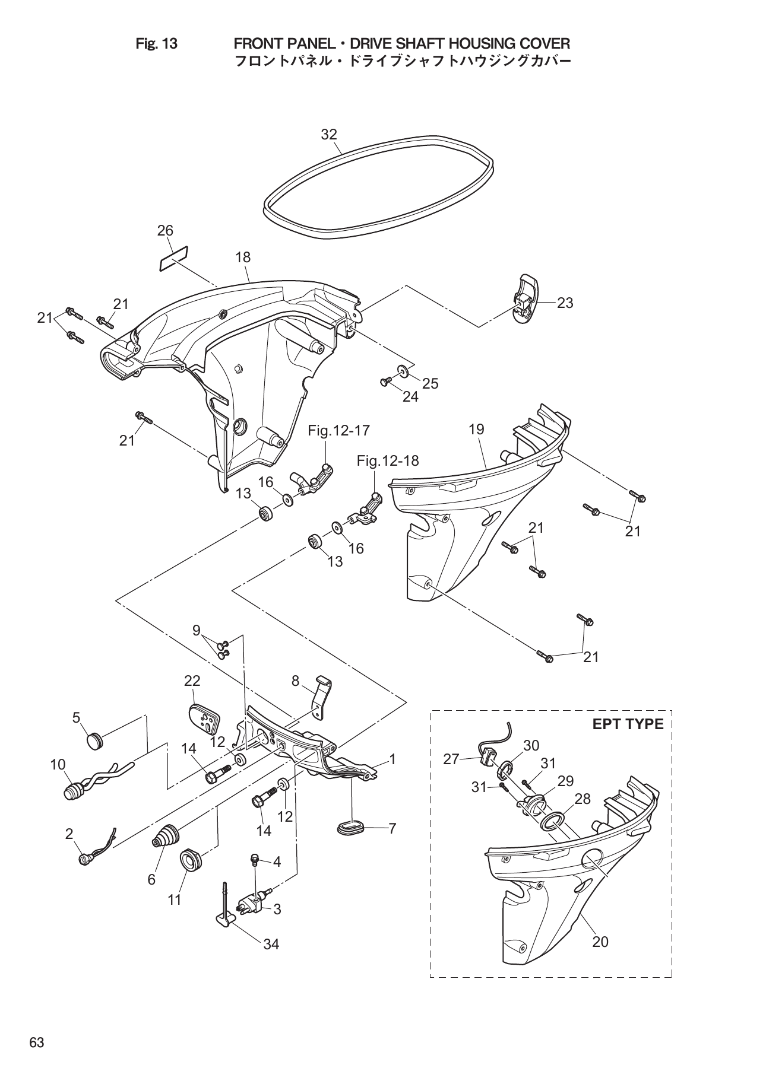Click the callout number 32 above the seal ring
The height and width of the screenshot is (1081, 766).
[x=328, y=135]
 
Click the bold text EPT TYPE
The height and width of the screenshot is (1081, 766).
[x=627, y=724]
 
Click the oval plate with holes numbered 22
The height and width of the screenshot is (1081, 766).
[x=204, y=720]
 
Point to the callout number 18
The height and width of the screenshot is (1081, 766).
[x=243, y=257]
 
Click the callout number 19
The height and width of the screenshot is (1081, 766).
[x=476, y=429]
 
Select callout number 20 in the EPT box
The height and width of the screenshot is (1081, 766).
[x=600, y=942]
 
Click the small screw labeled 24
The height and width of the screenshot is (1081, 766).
[x=384, y=380]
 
